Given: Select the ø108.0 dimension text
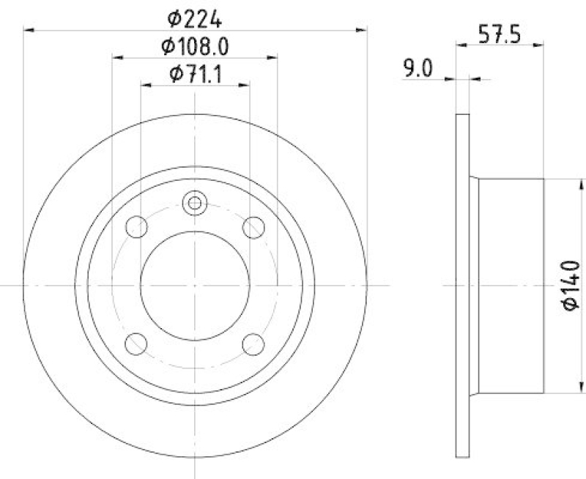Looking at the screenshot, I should pos(195,47).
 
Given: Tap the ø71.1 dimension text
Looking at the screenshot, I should pos(195,74).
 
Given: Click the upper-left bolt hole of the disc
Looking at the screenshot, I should pos(137,228).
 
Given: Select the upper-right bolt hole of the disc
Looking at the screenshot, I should pos(253,228).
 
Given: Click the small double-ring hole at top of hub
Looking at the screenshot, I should pos(195,203).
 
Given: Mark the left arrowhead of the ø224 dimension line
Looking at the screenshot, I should pos(29,30).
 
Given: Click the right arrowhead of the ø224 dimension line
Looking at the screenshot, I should pos(361,30).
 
